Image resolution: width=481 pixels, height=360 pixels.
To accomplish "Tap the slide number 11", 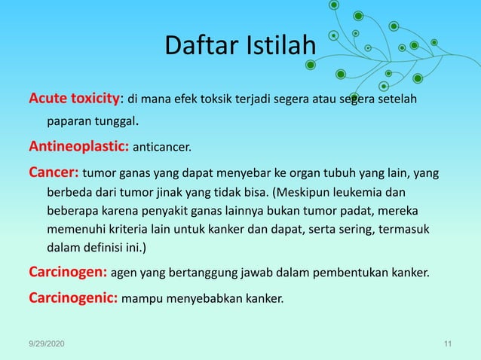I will point(448,344).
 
